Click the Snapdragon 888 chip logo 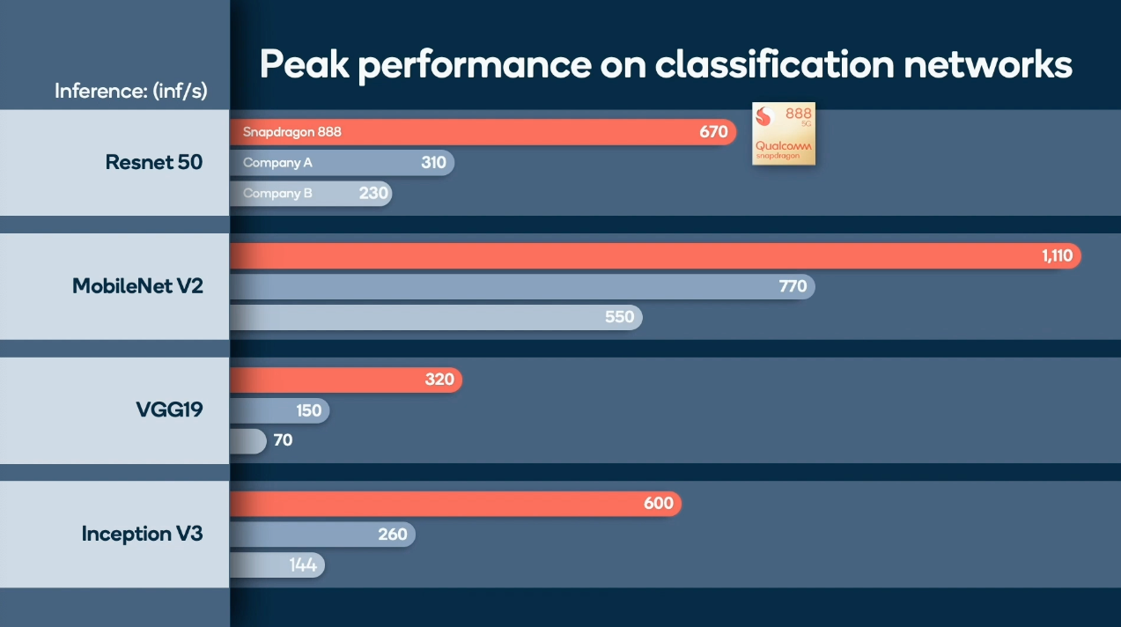784,134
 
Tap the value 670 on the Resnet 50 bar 713,131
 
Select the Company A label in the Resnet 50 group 277,163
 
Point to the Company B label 277,193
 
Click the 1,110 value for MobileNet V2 1058,255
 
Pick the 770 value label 793,286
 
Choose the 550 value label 620,317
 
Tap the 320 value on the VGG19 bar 439,380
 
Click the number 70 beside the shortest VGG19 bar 284,440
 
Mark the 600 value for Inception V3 659,503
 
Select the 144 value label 303,565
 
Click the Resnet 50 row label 154,162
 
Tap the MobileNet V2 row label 137,285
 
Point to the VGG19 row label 170,409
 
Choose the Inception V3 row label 142,534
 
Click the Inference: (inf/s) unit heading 131,91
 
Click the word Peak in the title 305,64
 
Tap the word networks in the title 988,64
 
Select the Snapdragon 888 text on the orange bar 292,132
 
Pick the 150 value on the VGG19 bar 309,410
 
